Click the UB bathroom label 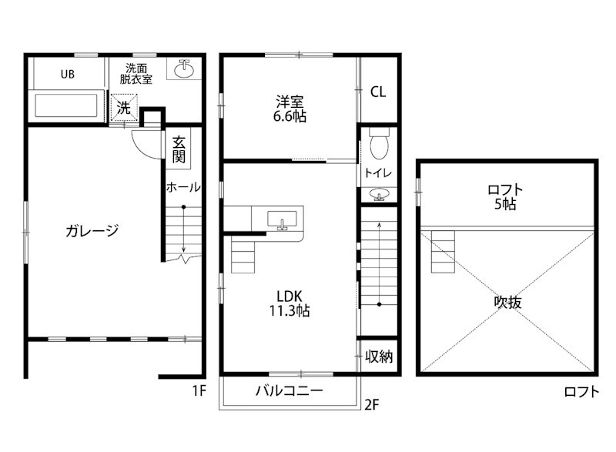(x=68, y=75)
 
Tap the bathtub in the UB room (x=65, y=105)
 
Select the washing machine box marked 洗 (x=124, y=107)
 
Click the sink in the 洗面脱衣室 (x=184, y=70)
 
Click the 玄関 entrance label (x=179, y=149)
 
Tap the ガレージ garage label (x=92, y=229)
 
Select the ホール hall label (x=183, y=187)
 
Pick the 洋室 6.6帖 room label (x=290, y=109)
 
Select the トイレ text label (x=378, y=173)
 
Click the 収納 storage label (x=380, y=356)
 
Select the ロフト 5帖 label (x=506, y=196)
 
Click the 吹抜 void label (x=507, y=302)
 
